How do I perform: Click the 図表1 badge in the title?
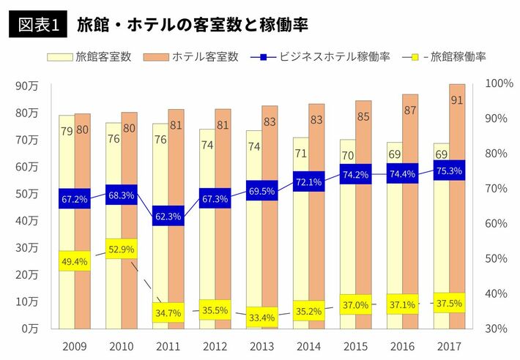[x=37, y=24]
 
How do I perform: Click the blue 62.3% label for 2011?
[x=168, y=217]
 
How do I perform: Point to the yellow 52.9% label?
[x=122, y=250]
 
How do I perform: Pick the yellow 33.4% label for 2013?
[x=262, y=318]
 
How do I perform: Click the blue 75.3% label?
[x=449, y=171]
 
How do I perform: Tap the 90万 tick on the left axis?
[x=27, y=86]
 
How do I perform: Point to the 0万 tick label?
[x=30, y=329]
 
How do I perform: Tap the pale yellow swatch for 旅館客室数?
[x=60, y=56]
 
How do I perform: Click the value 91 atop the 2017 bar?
[x=457, y=100]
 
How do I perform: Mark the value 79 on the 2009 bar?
[x=66, y=131]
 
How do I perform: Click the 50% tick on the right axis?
[x=497, y=258]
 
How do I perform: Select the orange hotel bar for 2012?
[x=223, y=220]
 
